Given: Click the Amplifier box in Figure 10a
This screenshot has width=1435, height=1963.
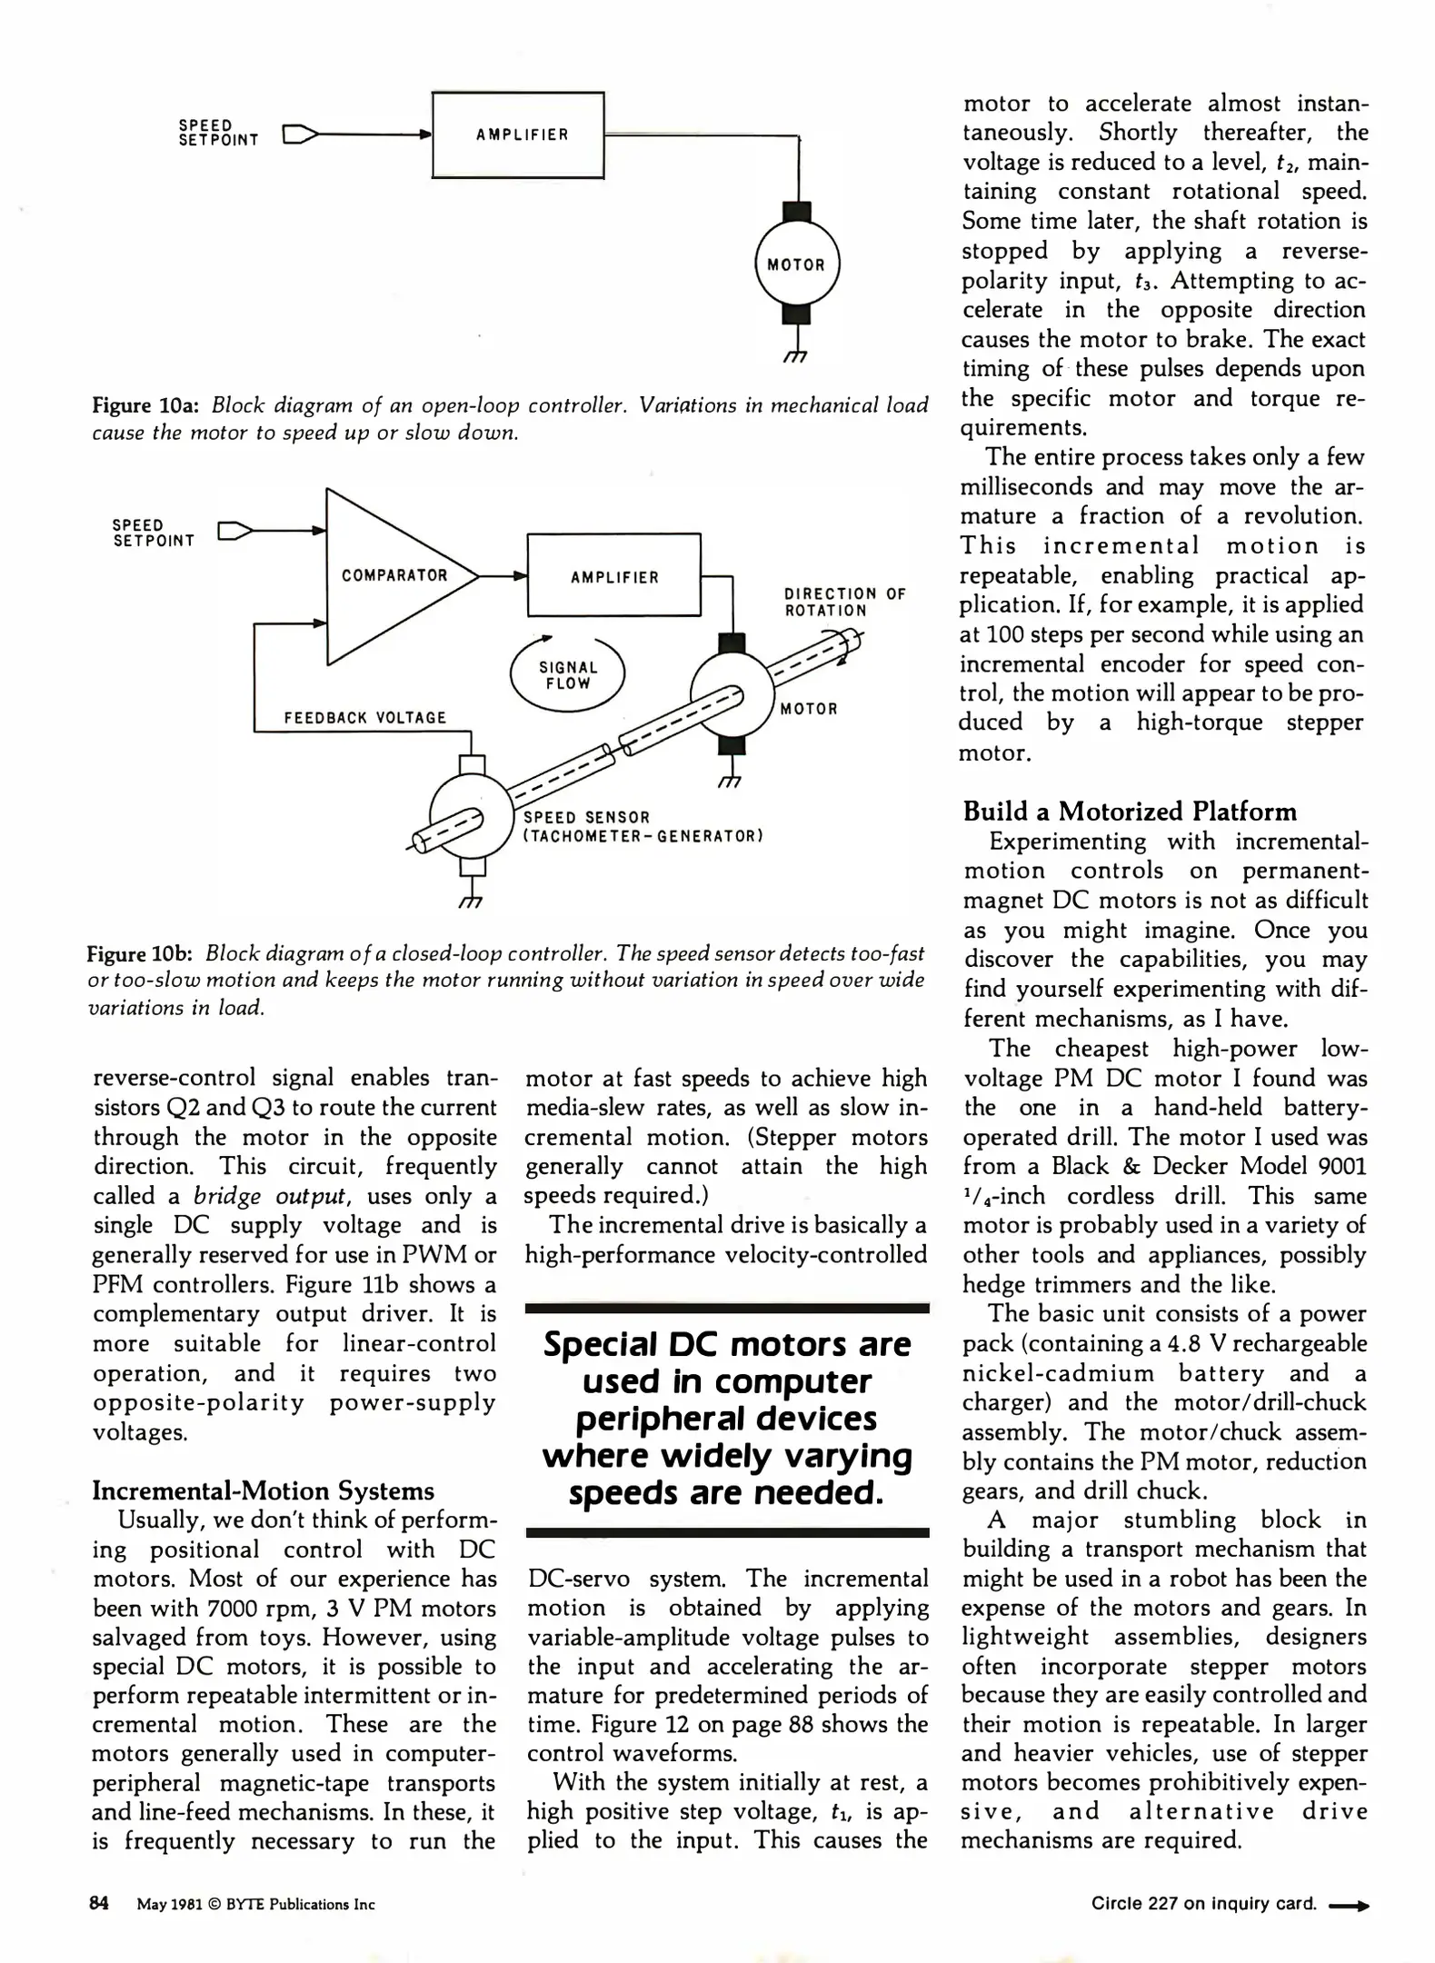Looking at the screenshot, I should pos(517,135).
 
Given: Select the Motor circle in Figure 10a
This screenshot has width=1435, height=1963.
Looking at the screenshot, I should pos(797,264).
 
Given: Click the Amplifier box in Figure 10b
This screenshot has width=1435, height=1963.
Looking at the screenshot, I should pos(613,576).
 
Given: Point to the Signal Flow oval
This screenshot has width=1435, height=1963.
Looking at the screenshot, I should pos(567,675).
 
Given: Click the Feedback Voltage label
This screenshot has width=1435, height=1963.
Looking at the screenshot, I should pos(365,718).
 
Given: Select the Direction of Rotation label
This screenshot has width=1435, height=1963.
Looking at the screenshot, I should pos(844,602).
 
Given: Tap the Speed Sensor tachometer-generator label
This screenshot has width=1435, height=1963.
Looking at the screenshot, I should pos(642,826).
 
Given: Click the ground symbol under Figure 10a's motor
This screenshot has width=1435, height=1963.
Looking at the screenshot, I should pos(796,358).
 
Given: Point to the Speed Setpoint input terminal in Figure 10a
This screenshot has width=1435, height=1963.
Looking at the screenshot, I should pos(300,135).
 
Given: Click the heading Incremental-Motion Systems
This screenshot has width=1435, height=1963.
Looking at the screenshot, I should pos(264,1490).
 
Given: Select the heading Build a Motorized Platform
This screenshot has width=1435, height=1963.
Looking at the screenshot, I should pos(1130,811).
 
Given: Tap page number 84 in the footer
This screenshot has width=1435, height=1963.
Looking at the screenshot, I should pos(99,1903).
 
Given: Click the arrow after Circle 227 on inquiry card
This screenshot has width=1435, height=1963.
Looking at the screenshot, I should pos(1349,1904).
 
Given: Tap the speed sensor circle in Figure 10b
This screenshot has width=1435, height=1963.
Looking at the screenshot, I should pos(471,814).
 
